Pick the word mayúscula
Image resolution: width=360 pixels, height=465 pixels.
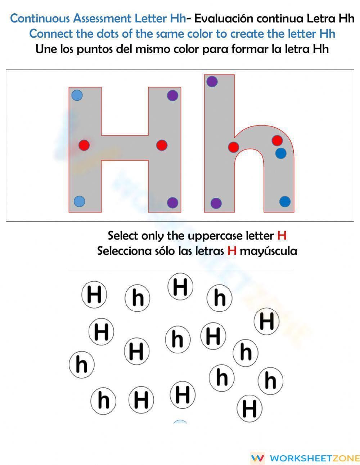click(269, 251)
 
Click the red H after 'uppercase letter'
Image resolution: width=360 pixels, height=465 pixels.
click(282, 236)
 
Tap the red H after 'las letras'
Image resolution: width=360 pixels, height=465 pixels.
click(232, 251)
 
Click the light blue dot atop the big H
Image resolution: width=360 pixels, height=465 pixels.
click(77, 95)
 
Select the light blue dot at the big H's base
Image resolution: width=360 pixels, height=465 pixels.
click(79, 201)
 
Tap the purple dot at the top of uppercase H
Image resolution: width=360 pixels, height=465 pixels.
click(173, 95)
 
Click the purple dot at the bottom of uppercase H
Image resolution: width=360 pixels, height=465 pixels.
click(173, 202)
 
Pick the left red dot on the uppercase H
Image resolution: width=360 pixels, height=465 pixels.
click(84, 146)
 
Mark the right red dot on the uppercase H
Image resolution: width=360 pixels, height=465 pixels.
click(162, 145)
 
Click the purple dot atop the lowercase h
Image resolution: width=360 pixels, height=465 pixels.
click(212, 82)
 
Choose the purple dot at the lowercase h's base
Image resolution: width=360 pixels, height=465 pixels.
click(216, 203)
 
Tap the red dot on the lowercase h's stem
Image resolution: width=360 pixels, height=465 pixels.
click(234, 147)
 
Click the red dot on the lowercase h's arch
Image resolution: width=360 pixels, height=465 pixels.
click(277, 140)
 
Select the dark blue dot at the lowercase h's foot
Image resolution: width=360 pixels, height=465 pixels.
click(285, 201)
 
